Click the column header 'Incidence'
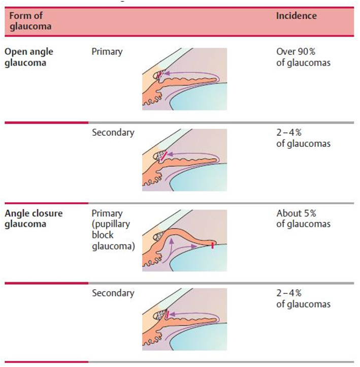[x=296, y=16]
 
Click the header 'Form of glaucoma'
[x=30, y=21]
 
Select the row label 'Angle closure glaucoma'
[x=34, y=219]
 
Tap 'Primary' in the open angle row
[x=107, y=52]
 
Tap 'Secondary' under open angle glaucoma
[x=113, y=133]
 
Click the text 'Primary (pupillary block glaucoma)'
[x=113, y=230]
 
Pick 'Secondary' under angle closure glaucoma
[x=113, y=293]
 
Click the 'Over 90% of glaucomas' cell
[x=303, y=57]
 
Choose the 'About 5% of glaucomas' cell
[x=303, y=219]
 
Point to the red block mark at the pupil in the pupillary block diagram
[x=212, y=247]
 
